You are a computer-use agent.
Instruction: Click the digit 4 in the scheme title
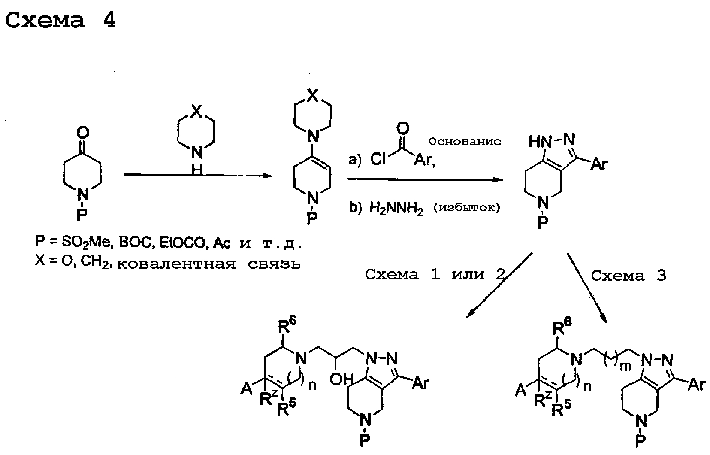(110, 20)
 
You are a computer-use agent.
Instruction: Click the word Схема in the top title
(45, 20)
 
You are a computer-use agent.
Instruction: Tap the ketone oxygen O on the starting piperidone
(83, 133)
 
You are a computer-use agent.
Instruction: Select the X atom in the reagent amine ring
(197, 111)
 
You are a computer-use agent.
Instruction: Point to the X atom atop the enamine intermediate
(313, 95)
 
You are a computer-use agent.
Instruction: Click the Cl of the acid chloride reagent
(378, 159)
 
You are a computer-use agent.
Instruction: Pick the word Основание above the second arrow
(465, 141)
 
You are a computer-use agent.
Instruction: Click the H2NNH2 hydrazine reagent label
(396, 208)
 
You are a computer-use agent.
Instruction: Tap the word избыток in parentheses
(467, 208)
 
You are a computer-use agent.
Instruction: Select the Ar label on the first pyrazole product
(599, 164)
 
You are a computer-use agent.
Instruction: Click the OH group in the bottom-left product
(341, 379)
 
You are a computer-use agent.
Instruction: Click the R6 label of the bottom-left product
(287, 325)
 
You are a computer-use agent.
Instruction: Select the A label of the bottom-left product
(246, 388)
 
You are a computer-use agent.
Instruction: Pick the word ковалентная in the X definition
(177, 264)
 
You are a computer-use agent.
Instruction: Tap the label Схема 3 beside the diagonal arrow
(628, 276)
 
